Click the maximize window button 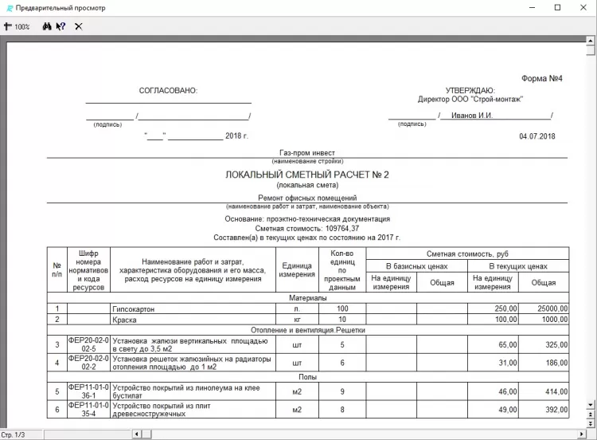coord(558,8)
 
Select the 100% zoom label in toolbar coord(21,26)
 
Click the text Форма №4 coord(542,79)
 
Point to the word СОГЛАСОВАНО coord(168,91)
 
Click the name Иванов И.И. coord(472,116)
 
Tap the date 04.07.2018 coord(537,136)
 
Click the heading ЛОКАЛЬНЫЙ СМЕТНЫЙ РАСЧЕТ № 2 coord(307,175)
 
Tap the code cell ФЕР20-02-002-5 coord(88,344)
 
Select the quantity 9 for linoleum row coord(342,391)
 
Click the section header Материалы coord(307,297)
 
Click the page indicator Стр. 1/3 coord(14,434)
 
